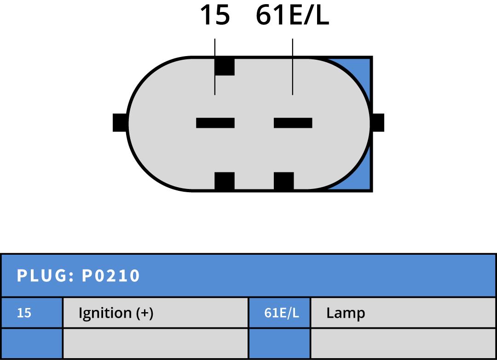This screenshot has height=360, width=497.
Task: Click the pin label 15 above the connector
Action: coord(214,16)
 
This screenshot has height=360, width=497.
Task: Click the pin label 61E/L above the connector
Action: coord(292,16)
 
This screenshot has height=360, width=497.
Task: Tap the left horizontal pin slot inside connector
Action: coord(215,123)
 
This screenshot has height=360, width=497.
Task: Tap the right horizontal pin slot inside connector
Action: coord(293,123)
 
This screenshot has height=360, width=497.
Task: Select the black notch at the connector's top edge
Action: coord(225,66)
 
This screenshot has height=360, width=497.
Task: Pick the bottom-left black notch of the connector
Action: coord(225,181)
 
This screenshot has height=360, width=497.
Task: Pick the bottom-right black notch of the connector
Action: coord(283,181)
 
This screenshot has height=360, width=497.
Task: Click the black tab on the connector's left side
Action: coord(120,123)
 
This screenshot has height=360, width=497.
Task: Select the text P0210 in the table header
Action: coord(111,276)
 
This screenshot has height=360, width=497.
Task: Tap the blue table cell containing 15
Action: coord(32,313)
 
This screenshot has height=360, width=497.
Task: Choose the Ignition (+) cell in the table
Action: coord(155,313)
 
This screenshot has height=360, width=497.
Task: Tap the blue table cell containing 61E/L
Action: coord(279,313)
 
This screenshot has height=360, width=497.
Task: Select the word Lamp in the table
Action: coord(346,313)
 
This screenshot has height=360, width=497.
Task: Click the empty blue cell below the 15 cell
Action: coord(32,343)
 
